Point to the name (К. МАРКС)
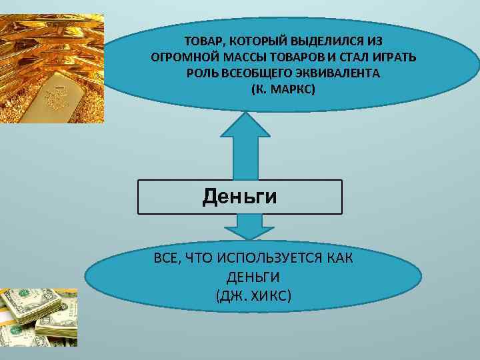[283, 88]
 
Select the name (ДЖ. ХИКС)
[253, 294]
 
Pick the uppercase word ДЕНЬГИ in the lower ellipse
[253, 276]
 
